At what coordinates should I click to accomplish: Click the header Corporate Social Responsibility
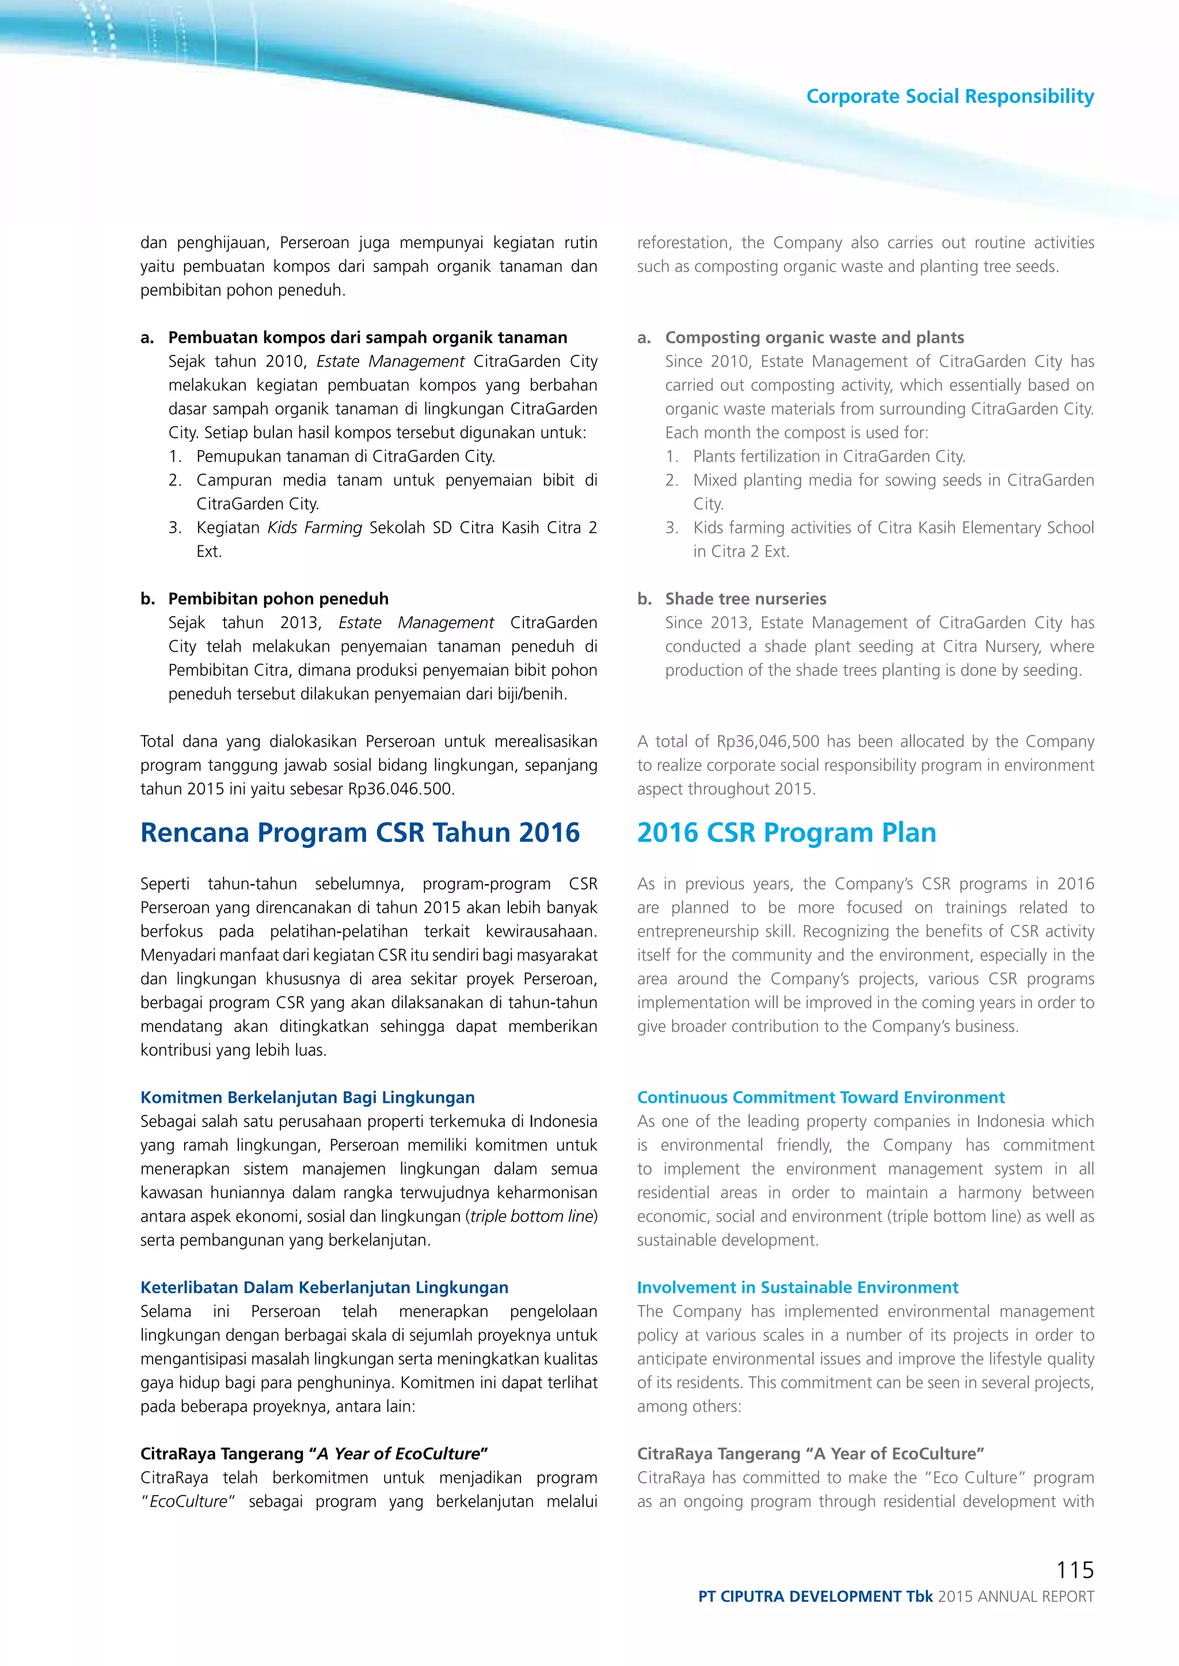(x=949, y=97)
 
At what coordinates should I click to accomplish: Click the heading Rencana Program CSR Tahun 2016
(x=360, y=832)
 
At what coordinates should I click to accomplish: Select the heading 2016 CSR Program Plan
(x=786, y=832)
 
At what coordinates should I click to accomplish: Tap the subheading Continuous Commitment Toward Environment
(x=820, y=1097)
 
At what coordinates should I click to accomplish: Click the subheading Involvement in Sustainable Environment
(x=797, y=1287)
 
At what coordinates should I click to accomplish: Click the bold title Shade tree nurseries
(x=746, y=599)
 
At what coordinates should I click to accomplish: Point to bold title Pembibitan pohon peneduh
(x=278, y=599)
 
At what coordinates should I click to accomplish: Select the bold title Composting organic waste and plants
(x=815, y=338)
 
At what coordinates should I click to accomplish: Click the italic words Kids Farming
(x=314, y=528)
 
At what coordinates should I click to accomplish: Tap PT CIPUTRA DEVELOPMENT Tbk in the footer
(x=815, y=1596)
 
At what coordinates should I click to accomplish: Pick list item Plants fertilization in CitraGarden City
(x=828, y=456)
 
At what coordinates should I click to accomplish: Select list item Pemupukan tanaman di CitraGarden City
(x=345, y=456)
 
